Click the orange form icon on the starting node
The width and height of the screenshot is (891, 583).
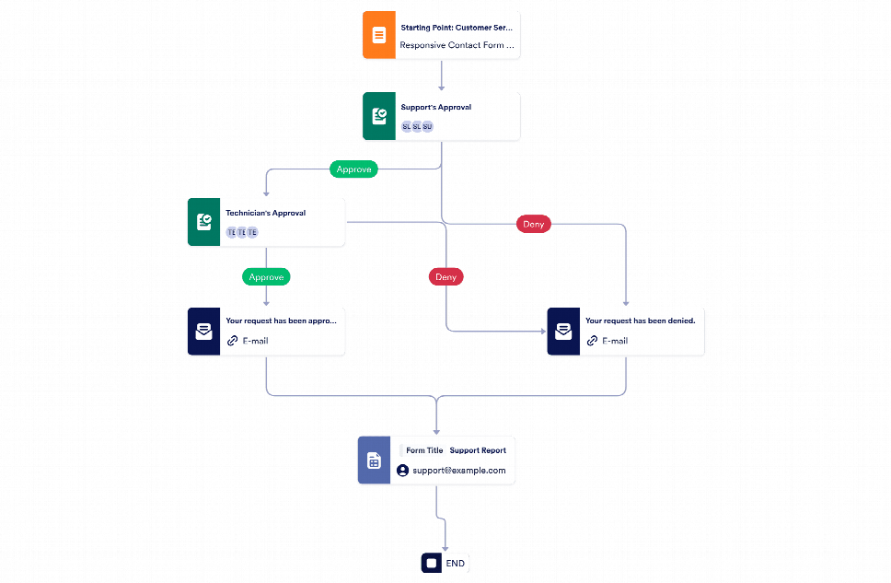(378, 36)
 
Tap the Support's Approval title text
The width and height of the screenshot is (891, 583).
(436, 108)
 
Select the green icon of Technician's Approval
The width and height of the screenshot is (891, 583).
(203, 222)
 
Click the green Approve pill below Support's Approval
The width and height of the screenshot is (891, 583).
(353, 169)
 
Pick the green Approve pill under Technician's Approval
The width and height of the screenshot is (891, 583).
(267, 276)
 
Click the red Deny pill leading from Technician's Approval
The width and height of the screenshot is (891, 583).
(445, 276)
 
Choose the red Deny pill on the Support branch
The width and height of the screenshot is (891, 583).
(533, 224)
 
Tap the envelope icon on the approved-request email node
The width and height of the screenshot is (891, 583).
(203, 332)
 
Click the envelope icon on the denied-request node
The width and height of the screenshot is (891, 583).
(562, 332)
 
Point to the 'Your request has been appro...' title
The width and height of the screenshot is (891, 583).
(281, 321)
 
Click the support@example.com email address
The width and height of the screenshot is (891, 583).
(459, 471)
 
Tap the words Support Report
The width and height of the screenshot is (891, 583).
(478, 450)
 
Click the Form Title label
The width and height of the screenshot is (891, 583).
(424, 450)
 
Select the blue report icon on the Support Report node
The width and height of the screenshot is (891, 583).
(374, 461)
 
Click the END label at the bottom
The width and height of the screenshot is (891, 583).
(455, 563)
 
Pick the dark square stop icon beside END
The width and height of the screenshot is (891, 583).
(432, 563)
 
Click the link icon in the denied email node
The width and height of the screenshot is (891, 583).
(592, 341)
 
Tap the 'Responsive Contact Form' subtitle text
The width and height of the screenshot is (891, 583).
(457, 45)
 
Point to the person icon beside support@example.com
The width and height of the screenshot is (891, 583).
(402, 471)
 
